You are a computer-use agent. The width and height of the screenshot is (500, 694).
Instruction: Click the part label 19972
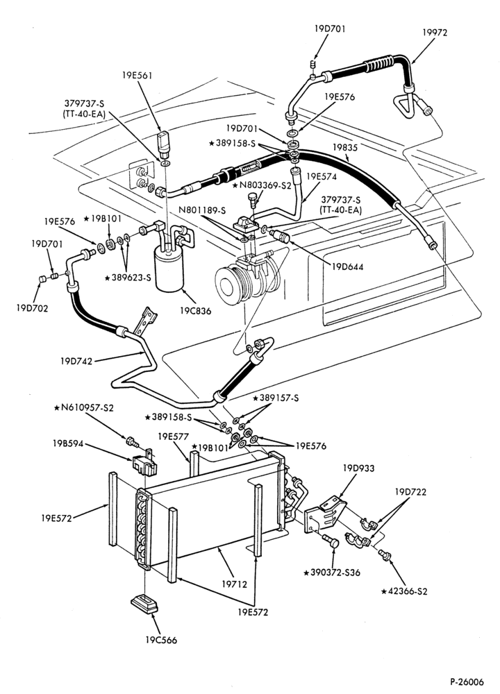click(x=435, y=33)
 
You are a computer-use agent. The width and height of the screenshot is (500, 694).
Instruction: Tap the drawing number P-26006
click(x=467, y=682)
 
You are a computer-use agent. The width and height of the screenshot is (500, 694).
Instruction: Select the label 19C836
click(x=195, y=311)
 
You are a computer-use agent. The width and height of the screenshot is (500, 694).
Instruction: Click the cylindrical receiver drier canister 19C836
click(x=169, y=268)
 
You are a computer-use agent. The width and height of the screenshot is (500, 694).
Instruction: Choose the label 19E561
click(x=137, y=75)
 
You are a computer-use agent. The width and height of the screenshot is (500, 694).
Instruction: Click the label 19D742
click(x=76, y=361)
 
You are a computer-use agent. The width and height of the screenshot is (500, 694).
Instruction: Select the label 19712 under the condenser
click(x=234, y=584)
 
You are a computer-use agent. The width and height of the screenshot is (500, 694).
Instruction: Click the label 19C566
click(x=160, y=640)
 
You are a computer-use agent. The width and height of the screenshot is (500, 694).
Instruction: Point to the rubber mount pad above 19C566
click(x=144, y=604)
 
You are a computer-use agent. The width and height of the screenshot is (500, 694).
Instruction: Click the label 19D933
click(x=358, y=468)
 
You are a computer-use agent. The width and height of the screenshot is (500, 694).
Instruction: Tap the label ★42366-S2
click(x=404, y=591)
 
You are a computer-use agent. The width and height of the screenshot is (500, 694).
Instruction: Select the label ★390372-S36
click(x=332, y=573)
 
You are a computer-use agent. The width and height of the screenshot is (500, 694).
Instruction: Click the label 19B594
click(x=68, y=443)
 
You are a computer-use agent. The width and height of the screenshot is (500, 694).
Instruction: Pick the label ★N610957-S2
click(x=83, y=407)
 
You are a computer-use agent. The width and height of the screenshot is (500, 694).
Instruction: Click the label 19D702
click(x=32, y=308)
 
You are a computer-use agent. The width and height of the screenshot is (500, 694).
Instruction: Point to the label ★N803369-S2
click(x=262, y=185)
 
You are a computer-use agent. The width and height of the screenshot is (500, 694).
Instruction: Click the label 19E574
click(x=321, y=176)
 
